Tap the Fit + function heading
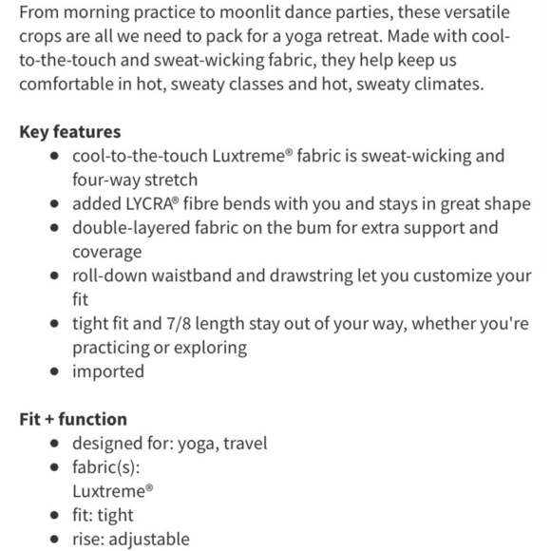[72, 419]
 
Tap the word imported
[108, 370]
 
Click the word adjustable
[148, 539]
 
